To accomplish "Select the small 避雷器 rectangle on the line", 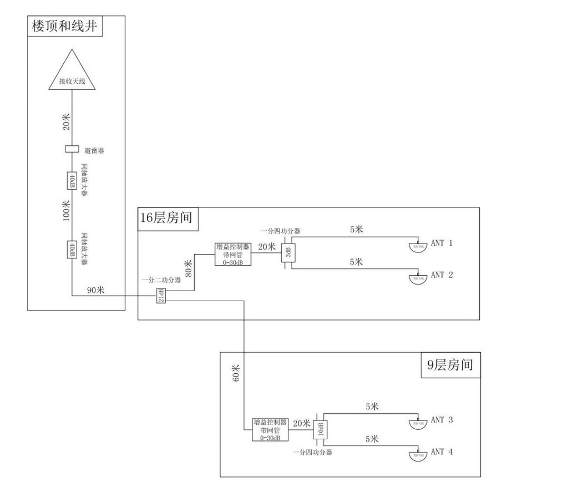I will [x=72, y=149].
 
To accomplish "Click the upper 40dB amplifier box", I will [x=72, y=180].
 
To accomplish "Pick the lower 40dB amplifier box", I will [x=72, y=248].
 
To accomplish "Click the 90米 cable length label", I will [x=95, y=290].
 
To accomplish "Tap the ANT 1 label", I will [x=442, y=243].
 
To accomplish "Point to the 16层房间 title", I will [x=166, y=218].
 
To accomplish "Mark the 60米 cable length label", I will [x=236, y=373].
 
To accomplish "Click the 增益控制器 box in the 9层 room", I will [x=270, y=430].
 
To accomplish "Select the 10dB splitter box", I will [x=321, y=429].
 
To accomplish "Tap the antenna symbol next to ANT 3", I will [x=418, y=423].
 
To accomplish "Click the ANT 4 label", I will [x=442, y=452].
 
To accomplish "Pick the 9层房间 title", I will [x=450, y=365].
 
